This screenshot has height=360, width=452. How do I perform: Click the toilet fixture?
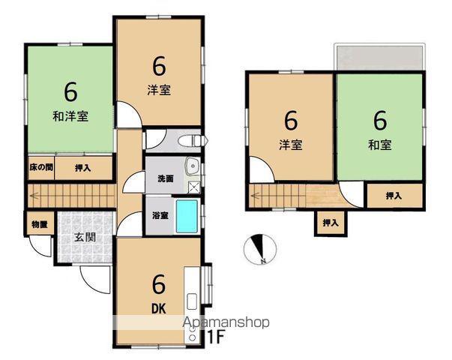tap(193, 141)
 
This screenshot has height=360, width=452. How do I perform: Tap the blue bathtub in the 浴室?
tap(187, 216)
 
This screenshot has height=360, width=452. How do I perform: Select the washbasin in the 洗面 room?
tap(193, 166)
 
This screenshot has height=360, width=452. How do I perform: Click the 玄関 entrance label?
tap(85, 237)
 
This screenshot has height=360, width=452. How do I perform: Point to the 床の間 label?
tap(41, 167)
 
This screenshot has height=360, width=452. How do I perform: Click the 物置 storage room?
tap(40, 223)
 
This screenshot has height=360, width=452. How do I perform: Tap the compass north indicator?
tap(260, 249)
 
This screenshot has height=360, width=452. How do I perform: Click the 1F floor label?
tap(216, 337)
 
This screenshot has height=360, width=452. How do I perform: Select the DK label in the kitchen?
tap(159, 309)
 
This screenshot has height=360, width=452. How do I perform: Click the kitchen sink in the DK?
tap(192, 301)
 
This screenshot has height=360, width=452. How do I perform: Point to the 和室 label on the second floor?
tap(380, 145)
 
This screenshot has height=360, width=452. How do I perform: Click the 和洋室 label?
tap(70, 116)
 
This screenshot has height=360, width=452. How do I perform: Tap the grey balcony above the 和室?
tap(379, 58)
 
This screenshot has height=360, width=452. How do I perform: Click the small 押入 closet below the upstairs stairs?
tap(331, 223)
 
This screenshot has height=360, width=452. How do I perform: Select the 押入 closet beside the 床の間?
tap(83, 168)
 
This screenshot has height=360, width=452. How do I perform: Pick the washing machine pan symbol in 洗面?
tap(194, 187)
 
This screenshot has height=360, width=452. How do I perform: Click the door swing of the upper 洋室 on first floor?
tap(129, 115)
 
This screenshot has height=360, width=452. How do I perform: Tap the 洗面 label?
tap(166, 178)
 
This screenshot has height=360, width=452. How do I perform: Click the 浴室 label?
tap(160, 215)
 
